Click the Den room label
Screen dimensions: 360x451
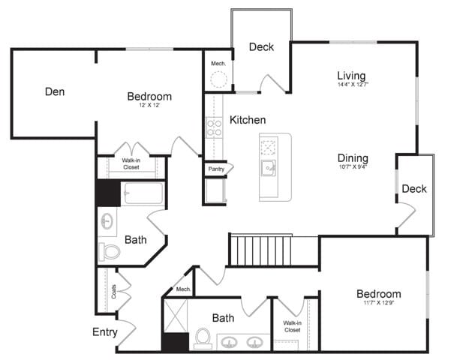point(54,92)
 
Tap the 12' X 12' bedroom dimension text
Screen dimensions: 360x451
point(149,106)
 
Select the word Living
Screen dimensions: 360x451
point(350,76)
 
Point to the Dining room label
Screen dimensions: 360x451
point(352,158)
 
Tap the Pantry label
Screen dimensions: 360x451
point(217,169)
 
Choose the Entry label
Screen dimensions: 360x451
point(104,331)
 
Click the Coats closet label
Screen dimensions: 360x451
point(113,290)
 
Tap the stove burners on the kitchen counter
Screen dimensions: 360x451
point(214,129)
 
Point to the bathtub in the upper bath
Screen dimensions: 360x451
point(143,194)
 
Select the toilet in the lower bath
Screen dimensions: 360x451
point(202,339)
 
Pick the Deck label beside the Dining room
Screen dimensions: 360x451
point(413,189)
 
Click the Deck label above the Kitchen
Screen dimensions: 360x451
point(261,47)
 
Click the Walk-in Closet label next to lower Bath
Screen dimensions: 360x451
point(292,326)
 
